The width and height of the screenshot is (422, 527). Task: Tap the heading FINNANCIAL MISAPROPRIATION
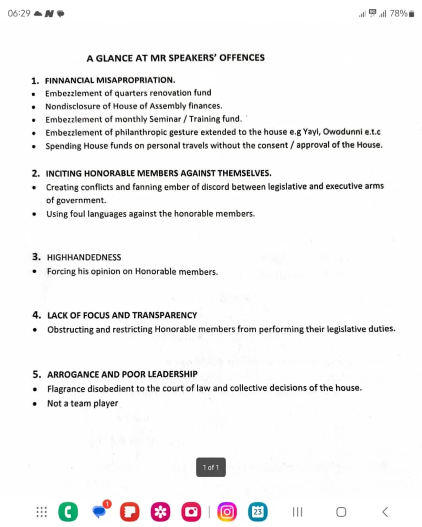click(x=110, y=80)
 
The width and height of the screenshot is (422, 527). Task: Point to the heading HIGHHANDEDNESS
click(x=84, y=257)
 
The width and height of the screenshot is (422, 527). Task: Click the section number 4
click(x=36, y=315)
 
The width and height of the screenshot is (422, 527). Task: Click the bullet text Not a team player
click(x=83, y=403)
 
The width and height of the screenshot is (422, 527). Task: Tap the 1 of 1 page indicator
click(x=211, y=467)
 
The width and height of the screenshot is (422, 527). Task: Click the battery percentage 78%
click(x=399, y=13)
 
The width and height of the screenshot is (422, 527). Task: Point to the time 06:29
click(x=19, y=13)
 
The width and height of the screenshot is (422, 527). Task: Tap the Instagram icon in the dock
click(x=228, y=511)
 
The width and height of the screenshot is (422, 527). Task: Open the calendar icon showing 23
click(x=258, y=511)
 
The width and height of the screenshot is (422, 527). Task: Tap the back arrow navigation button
click(x=385, y=511)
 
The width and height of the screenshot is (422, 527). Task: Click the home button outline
click(x=341, y=511)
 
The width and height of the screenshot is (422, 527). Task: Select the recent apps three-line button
click(x=297, y=511)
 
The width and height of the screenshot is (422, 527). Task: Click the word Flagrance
click(x=66, y=388)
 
